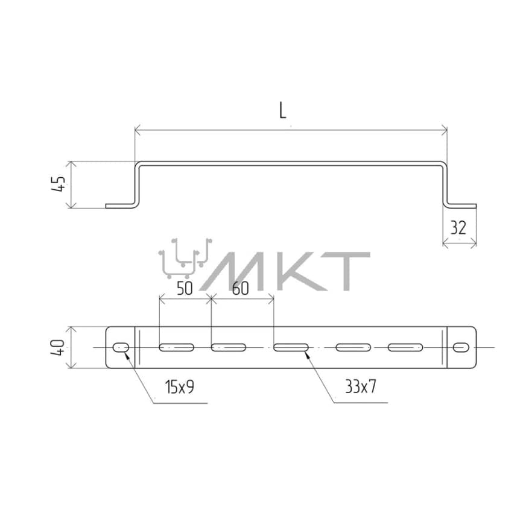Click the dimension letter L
(x=283, y=110)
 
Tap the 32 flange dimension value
(x=458, y=228)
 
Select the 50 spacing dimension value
(x=185, y=289)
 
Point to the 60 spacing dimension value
(x=241, y=289)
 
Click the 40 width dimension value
(x=58, y=347)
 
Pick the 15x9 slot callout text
(x=180, y=387)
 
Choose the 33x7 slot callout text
(x=360, y=387)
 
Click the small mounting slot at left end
(x=121, y=347)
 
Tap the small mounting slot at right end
(x=461, y=347)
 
